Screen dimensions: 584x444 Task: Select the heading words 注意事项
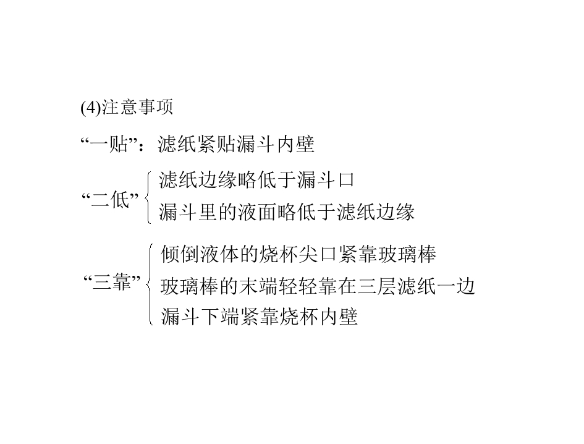point(137,107)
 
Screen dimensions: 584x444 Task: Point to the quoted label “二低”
point(110,200)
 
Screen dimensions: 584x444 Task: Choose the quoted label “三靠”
point(112,282)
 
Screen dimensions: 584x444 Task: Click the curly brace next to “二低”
point(148,197)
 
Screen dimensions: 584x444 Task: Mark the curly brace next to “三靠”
point(150,284)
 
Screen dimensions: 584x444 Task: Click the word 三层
point(376,286)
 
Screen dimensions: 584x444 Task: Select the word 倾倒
point(180,254)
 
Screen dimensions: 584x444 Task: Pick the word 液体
point(219,254)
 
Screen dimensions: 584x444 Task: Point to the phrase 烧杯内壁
point(318,317)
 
